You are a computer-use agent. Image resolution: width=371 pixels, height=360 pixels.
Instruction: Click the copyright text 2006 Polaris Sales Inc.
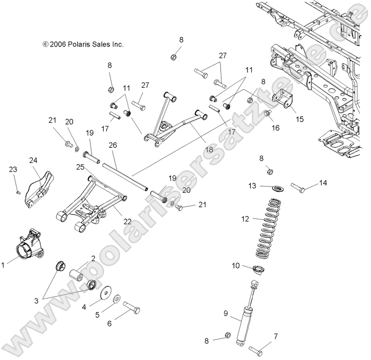(x=83, y=44)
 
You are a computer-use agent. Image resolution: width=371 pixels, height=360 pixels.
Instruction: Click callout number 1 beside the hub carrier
(x=3, y=265)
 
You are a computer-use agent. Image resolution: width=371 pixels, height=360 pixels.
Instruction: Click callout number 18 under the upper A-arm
(x=209, y=150)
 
